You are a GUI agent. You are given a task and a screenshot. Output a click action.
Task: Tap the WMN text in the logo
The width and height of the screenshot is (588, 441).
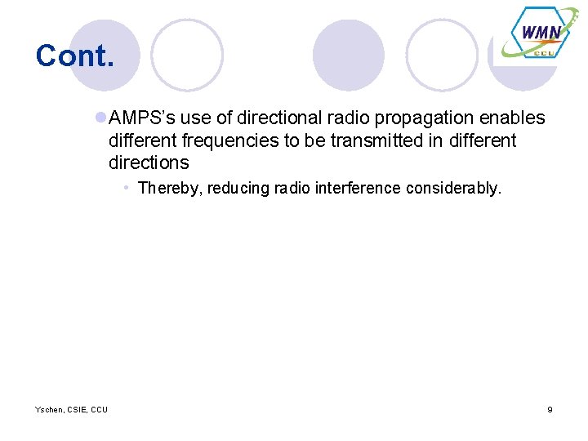[540, 33]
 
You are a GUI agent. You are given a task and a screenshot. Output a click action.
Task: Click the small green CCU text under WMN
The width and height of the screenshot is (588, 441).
[544, 51]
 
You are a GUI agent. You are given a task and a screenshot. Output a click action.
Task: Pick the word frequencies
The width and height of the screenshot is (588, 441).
[229, 140]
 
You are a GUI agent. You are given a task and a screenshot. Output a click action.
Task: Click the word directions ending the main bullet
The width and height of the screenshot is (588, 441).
[148, 163]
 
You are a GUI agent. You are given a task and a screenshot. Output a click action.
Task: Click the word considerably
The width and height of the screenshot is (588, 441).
[451, 189]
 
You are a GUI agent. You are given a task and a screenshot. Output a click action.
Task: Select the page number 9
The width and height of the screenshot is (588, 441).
[550, 409]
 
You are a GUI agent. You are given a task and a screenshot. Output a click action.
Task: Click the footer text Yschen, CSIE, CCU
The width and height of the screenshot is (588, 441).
[71, 409]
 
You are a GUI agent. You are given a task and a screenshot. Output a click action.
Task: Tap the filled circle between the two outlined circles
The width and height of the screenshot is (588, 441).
[348, 55]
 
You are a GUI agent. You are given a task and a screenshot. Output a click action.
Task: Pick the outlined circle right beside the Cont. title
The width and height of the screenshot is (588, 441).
[187, 55]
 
